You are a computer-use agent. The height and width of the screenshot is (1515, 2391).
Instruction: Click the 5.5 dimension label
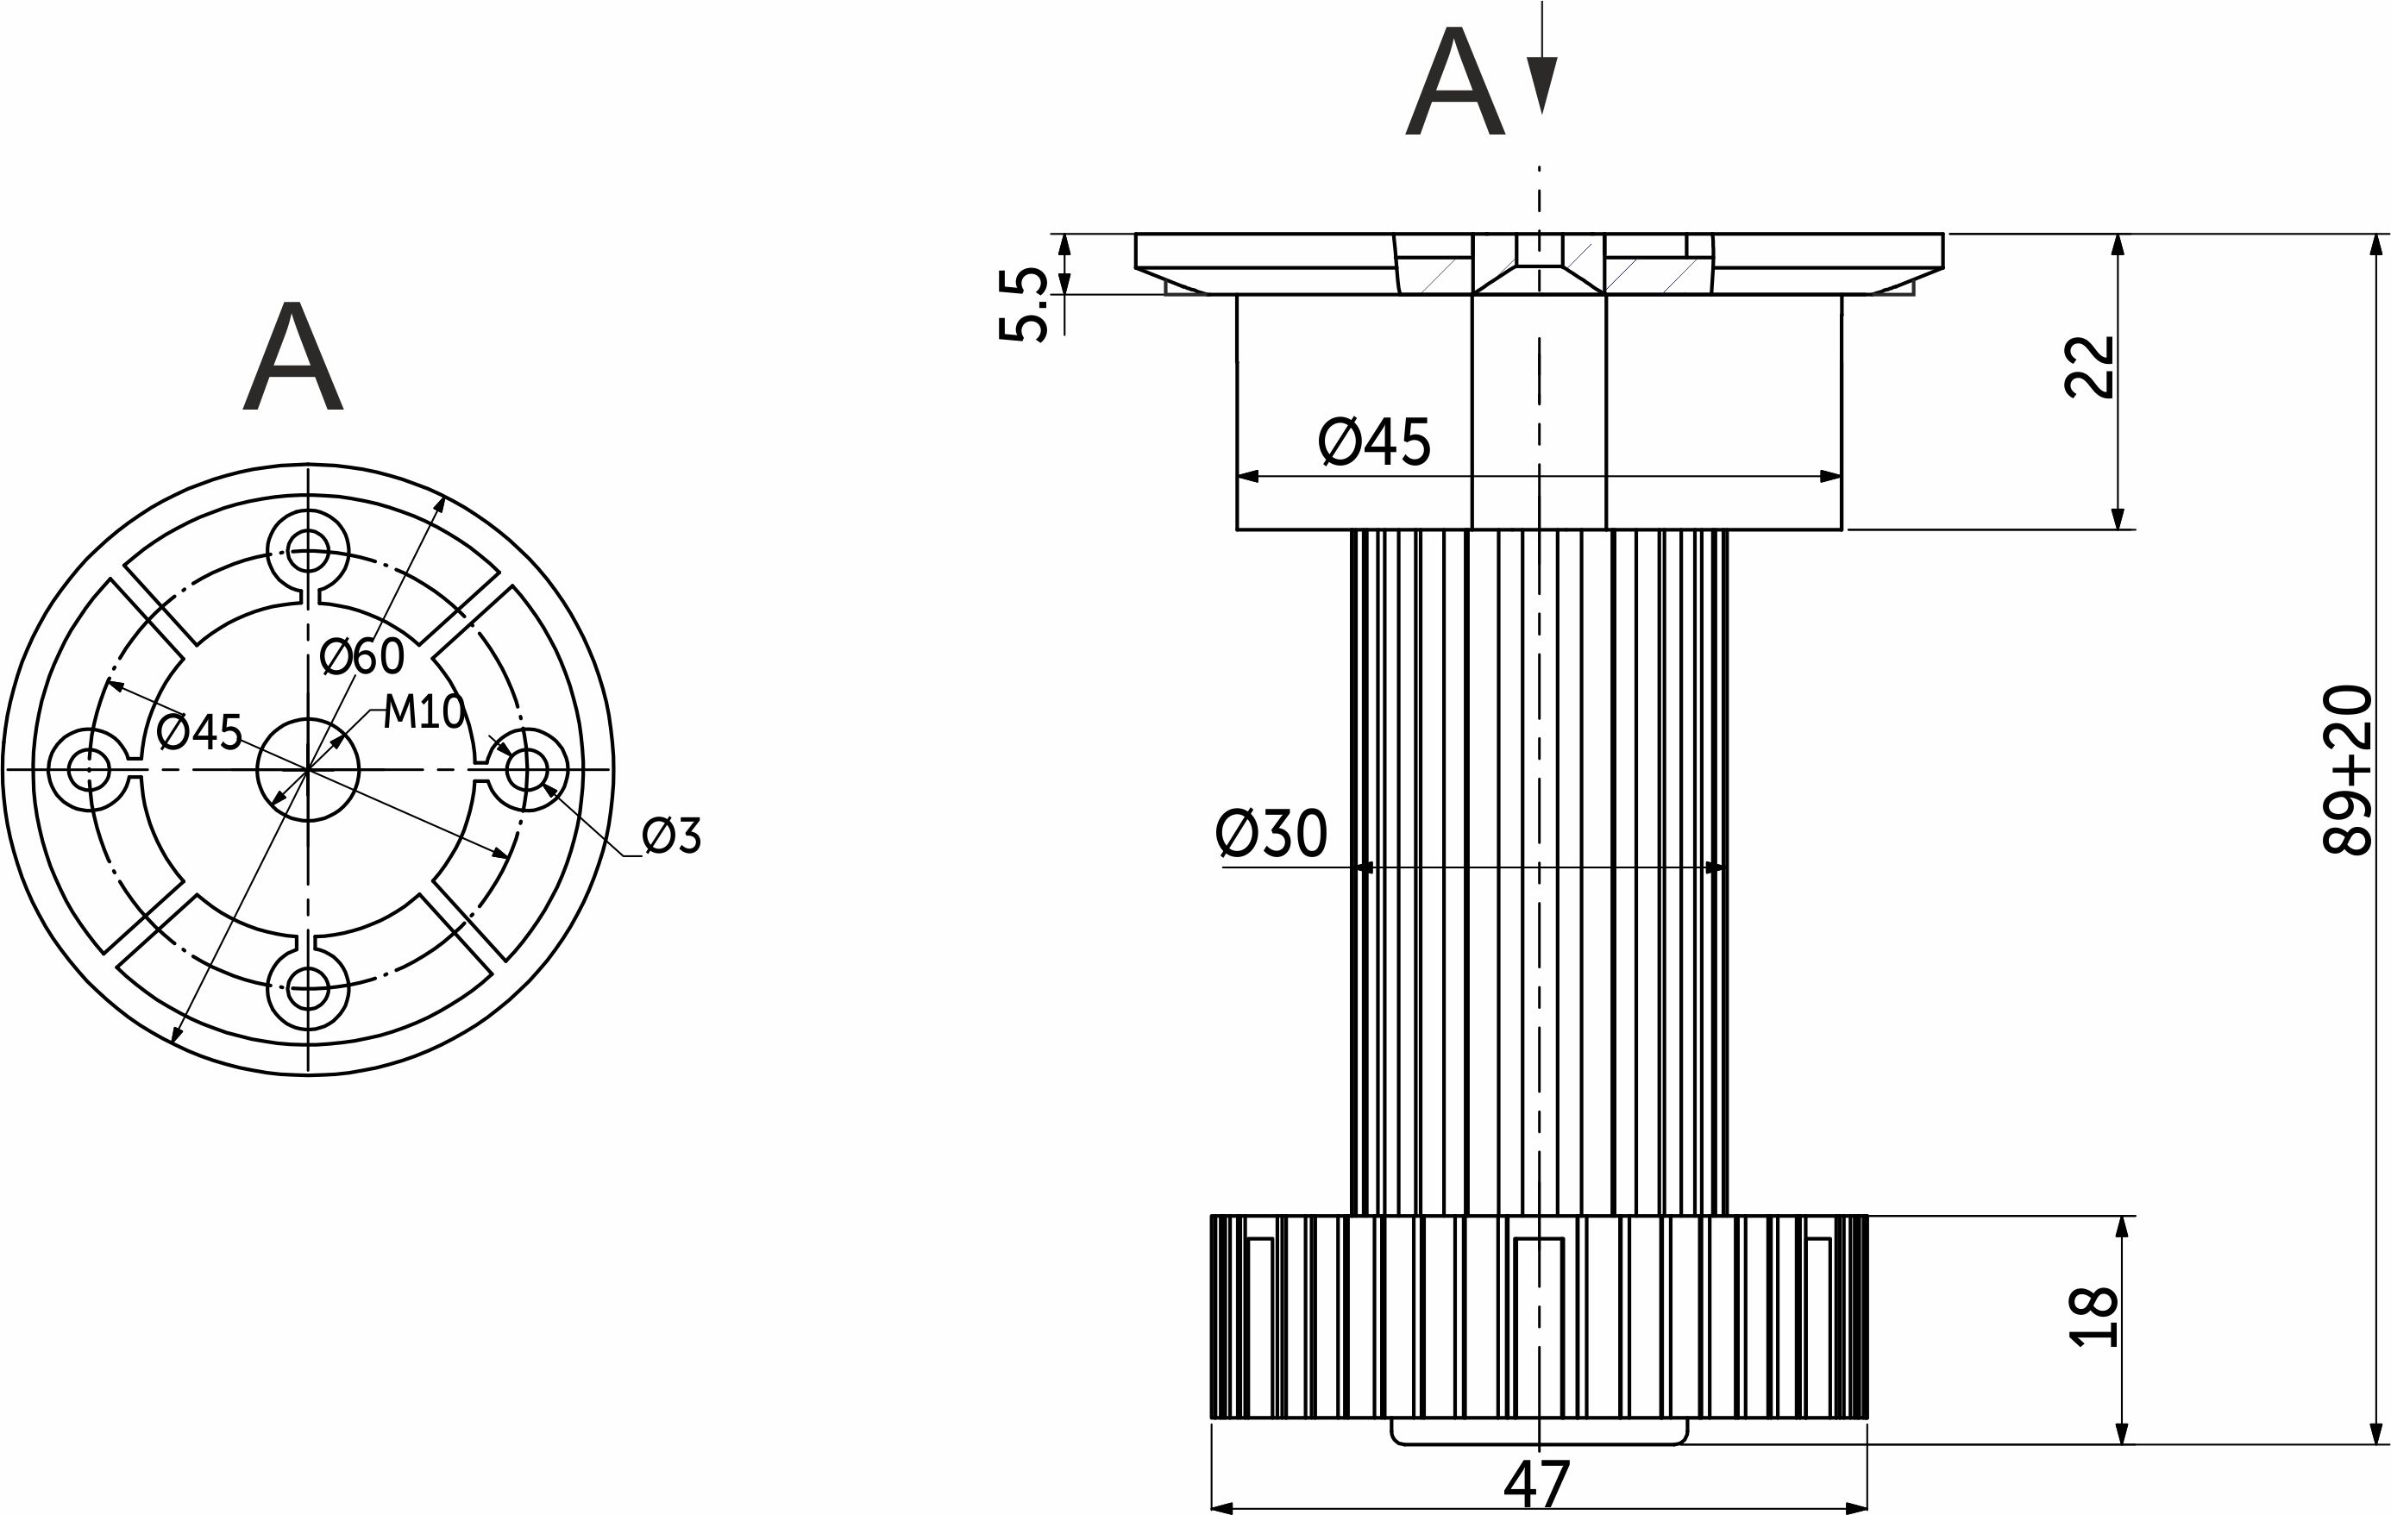1023,304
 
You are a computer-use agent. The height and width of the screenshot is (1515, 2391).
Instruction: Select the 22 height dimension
2089,367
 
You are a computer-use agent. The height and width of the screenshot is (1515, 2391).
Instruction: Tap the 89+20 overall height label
2347,769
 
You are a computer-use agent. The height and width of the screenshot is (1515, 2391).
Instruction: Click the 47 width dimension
1537,1485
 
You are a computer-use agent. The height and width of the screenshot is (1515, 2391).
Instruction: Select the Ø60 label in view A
362,656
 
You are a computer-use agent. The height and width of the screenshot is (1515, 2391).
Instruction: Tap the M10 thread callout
424,712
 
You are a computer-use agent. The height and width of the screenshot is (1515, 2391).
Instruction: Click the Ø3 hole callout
672,836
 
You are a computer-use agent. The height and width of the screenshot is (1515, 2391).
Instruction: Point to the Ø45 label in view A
199,733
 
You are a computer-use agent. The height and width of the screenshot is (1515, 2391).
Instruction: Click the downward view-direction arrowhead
1541,85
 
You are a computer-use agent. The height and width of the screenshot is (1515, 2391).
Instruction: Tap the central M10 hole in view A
308,769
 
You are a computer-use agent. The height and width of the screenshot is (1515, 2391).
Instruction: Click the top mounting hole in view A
308,550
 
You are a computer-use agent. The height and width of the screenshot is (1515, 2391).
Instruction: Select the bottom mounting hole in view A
308,989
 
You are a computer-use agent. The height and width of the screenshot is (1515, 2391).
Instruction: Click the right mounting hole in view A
527,769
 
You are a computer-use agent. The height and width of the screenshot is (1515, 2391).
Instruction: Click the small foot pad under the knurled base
1538,1432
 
